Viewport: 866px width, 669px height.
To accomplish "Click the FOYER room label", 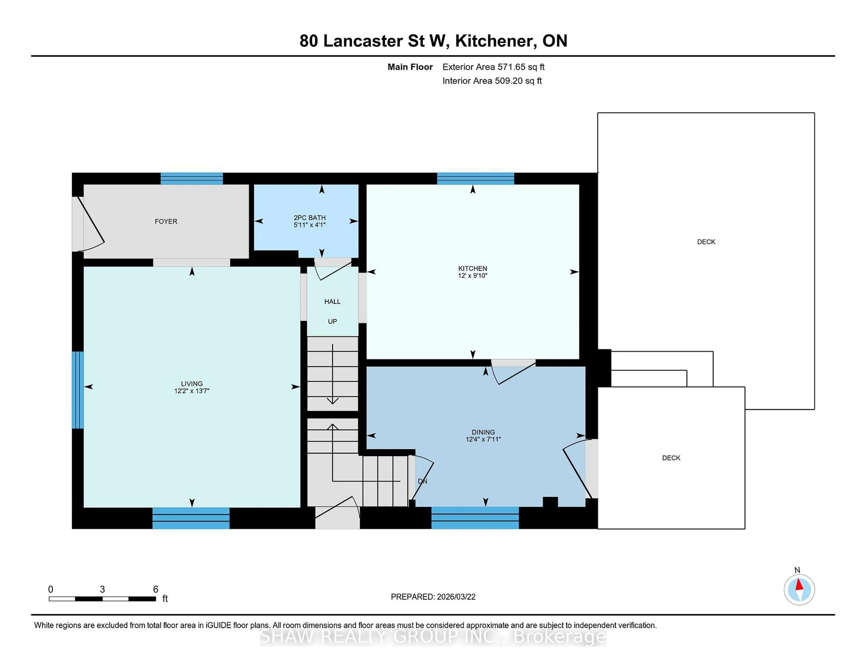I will point(166,221).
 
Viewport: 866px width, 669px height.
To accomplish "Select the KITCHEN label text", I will point(472,268).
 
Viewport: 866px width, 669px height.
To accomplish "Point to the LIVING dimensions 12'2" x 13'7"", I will point(191,391).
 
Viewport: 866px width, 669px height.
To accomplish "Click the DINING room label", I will point(483,432).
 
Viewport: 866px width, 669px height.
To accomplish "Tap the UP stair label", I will point(332,321).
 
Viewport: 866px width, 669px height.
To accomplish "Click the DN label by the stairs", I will point(422,481).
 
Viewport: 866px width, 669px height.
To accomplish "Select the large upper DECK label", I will point(706,242).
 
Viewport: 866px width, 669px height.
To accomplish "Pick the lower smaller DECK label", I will point(671,458).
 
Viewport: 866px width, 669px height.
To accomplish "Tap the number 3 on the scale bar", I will point(102,589).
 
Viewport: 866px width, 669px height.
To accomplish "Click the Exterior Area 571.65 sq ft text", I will point(493,67).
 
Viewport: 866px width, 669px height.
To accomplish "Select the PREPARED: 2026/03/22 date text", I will point(433,597).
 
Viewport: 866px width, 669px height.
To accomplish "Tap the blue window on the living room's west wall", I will point(78,390).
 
